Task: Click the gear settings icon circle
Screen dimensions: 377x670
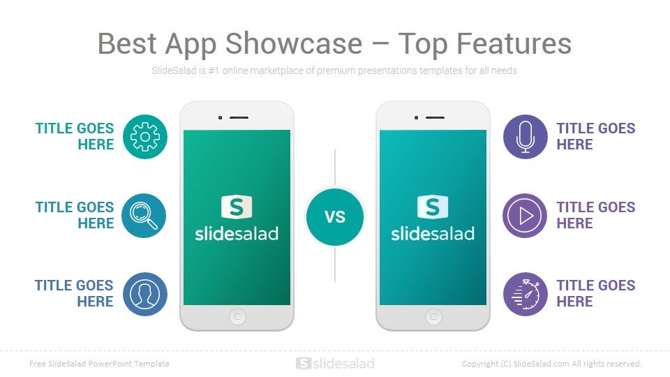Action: pyautogui.click(x=145, y=137)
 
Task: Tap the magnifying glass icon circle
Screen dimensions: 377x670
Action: pyautogui.click(x=144, y=216)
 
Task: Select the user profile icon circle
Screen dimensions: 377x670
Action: pyautogui.click(x=145, y=294)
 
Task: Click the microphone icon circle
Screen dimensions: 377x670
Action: pyautogui.click(x=526, y=137)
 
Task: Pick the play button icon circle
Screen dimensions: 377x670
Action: pyautogui.click(x=526, y=216)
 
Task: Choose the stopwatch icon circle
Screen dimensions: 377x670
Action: pyautogui.click(x=526, y=294)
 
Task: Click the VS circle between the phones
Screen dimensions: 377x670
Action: pyautogui.click(x=335, y=216)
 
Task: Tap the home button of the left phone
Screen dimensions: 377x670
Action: pyautogui.click(x=237, y=317)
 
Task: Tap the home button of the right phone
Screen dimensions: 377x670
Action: pyautogui.click(x=433, y=317)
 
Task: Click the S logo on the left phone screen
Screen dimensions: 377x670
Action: pyautogui.click(x=237, y=207)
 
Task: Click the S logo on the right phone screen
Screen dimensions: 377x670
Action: pyautogui.click(x=433, y=207)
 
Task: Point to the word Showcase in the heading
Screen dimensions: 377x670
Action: pyautogui.click(x=294, y=44)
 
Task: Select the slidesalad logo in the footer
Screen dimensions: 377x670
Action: pyautogui.click(x=335, y=364)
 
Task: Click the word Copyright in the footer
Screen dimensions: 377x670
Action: pyautogui.click(x=480, y=364)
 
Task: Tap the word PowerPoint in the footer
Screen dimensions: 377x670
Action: pyautogui.click(x=115, y=364)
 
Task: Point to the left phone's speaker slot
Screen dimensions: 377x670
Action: pyautogui.click(x=239, y=117)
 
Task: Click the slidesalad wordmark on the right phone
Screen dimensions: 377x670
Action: pyautogui.click(x=433, y=233)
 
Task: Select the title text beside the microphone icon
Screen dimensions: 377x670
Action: pyautogui.click(x=595, y=137)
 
